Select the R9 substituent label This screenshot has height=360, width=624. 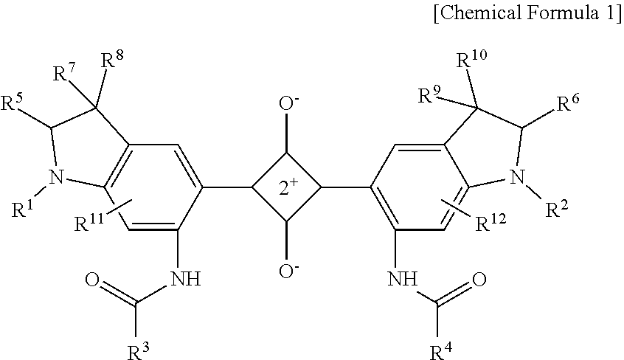click(428, 94)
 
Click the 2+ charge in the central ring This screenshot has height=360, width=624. click(287, 188)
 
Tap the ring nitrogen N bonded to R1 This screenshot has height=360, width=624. click(53, 176)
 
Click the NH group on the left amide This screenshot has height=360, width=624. click(185, 280)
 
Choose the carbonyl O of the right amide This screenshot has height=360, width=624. click(478, 280)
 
